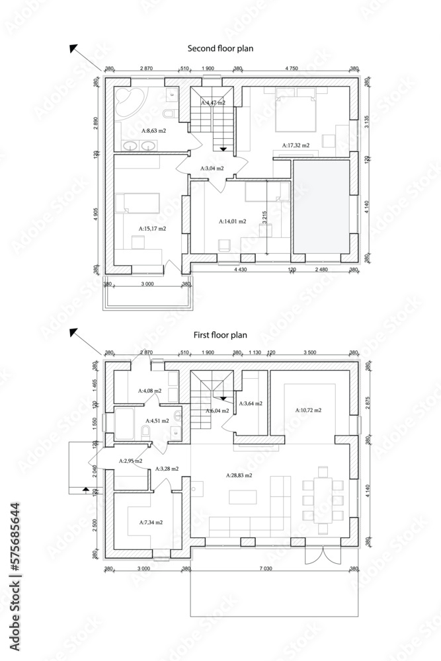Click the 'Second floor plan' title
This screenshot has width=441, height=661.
click(220, 49)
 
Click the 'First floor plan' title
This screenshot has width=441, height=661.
click(220, 335)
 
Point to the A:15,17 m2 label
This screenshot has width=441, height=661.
click(152, 229)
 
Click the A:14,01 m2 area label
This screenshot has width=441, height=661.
click(232, 222)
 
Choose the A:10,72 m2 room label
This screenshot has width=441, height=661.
click(308, 410)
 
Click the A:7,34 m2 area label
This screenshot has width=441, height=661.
click(150, 522)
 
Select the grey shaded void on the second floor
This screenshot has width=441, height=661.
click(321, 206)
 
